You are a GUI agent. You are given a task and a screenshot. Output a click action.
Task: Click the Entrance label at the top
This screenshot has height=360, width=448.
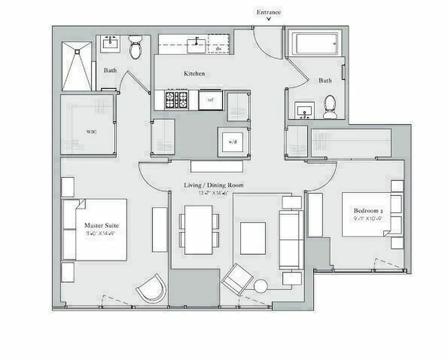click(x=269, y=12)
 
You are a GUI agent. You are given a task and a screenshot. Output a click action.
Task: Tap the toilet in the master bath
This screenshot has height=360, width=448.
click(x=135, y=48)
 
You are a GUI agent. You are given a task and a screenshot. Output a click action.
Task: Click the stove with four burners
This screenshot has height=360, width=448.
click(x=176, y=99)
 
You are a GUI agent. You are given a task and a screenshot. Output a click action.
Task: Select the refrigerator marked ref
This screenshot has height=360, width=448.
click(x=211, y=100)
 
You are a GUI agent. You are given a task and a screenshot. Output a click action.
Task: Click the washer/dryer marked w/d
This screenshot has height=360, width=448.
click(x=232, y=142)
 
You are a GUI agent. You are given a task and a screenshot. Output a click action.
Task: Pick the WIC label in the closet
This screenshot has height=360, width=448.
click(x=91, y=132)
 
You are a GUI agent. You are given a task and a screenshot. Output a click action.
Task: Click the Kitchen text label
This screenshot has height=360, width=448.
click(x=194, y=73)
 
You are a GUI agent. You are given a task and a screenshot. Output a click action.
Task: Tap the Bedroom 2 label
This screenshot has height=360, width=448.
click(x=368, y=211)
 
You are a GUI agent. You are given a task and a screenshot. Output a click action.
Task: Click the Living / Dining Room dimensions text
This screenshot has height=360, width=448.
click(x=213, y=193)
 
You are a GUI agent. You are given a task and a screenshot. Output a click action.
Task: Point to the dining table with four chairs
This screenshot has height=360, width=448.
click(x=198, y=229)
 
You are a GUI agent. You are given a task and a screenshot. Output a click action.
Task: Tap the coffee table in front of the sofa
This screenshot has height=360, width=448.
click(x=253, y=238)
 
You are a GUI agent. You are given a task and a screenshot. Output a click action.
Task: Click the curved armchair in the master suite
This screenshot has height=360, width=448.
click(x=152, y=288)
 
